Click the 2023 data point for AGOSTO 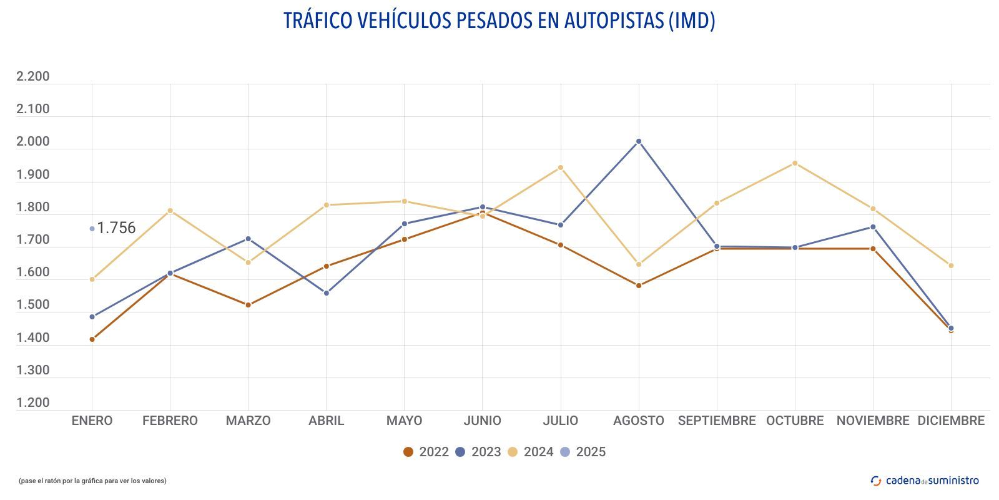[x=639, y=141]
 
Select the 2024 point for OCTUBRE [x=795, y=163]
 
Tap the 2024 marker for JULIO [x=561, y=167]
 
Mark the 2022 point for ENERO [x=92, y=339]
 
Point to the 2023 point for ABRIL [x=327, y=293]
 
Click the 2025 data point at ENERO [x=92, y=229]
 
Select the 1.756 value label [x=117, y=228]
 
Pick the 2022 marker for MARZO [x=249, y=305]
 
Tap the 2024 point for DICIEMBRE [x=951, y=266]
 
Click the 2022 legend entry [x=426, y=452]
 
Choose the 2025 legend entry [x=583, y=452]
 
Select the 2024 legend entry [x=530, y=452]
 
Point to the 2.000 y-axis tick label [x=33, y=141]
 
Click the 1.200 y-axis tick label [x=33, y=402]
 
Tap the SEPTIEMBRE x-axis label [x=717, y=421]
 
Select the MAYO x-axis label [x=404, y=421]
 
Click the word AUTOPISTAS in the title [x=614, y=21]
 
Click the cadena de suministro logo [x=925, y=481]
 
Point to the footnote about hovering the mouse [x=92, y=481]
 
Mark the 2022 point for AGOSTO [x=639, y=286]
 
